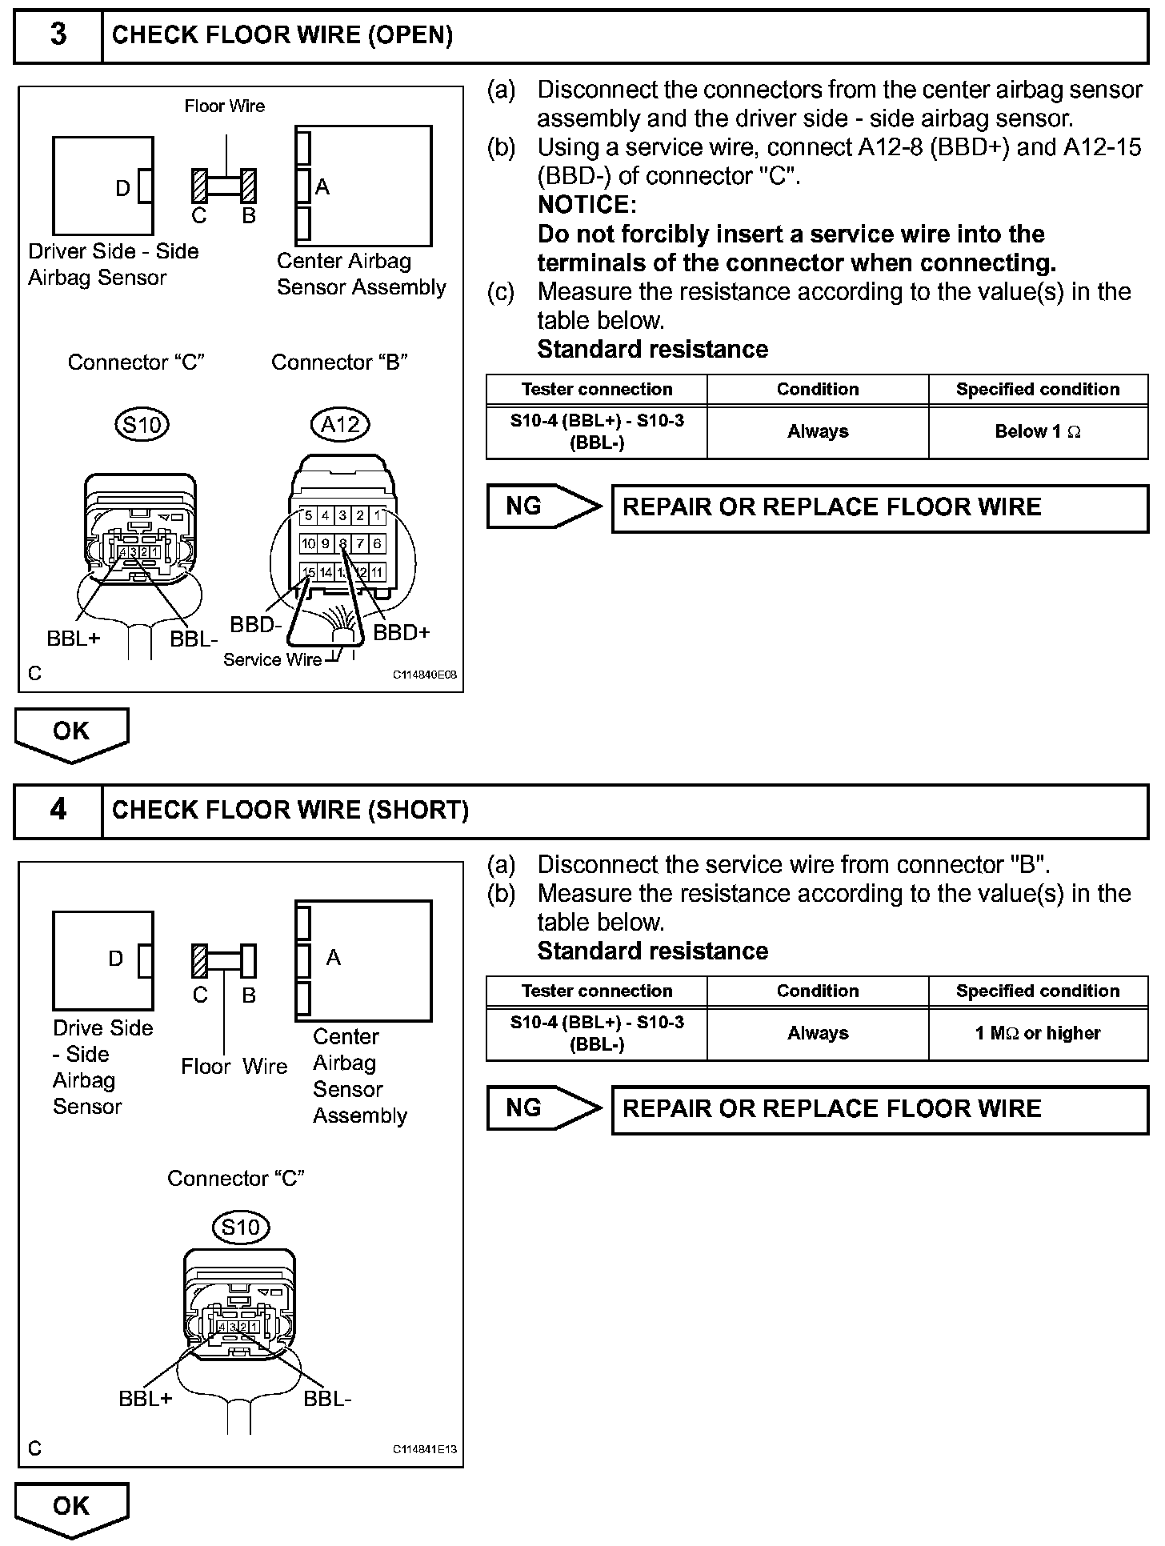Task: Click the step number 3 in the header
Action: [x=58, y=34]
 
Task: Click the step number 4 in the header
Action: [x=58, y=810]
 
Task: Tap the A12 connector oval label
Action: [x=340, y=424]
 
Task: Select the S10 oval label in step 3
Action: [x=141, y=424]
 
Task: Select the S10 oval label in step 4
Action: [x=241, y=1227]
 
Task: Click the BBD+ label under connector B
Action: [x=402, y=633]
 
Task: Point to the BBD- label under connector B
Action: [x=256, y=625]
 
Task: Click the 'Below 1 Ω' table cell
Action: [x=1038, y=432]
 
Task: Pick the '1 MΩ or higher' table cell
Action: [x=1038, y=1034]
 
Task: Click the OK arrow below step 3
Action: [x=71, y=732]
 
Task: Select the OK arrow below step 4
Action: [x=71, y=1508]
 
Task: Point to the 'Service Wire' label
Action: [x=272, y=659]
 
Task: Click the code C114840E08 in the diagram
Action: [x=424, y=675]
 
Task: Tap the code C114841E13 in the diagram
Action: [x=424, y=1450]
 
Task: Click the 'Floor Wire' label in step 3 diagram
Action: [x=224, y=106]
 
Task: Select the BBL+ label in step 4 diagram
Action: [x=145, y=1399]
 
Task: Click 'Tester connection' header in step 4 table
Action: [x=597, y=991]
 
